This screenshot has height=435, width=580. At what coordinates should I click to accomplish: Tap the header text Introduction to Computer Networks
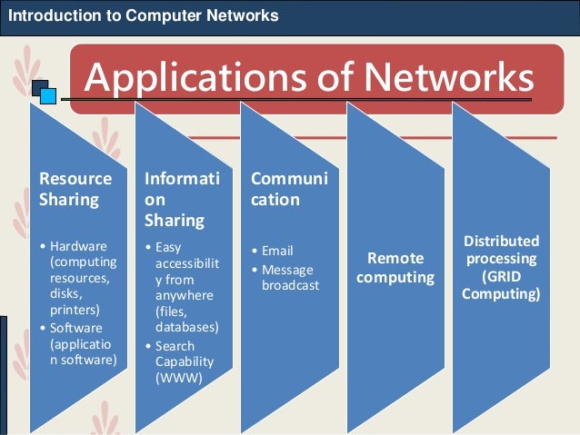(x=143, y=15)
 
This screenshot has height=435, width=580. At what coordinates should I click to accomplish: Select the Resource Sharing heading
(x=75, y=188)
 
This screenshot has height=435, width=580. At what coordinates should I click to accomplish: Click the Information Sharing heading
(x=182, y=200)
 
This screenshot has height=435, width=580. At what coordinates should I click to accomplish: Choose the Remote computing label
(x=395, y=268)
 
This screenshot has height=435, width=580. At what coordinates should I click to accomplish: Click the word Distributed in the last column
(x=501, y=241)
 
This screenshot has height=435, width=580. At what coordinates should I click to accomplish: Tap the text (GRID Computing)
(x=501, y=285)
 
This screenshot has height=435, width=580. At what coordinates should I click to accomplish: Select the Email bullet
(x=277, y=251)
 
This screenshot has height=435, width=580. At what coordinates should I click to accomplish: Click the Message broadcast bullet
(x=287, y=277)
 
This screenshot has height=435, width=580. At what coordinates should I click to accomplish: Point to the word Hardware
(x=79, y=246)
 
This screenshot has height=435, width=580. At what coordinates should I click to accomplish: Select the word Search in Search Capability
(x=175, y=345)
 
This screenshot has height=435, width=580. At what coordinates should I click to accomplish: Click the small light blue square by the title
(x=48, y=96)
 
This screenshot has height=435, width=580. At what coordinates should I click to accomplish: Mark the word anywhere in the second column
(x=185, y=296)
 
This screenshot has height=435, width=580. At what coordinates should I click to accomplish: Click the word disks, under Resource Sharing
(x=66, y=293)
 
